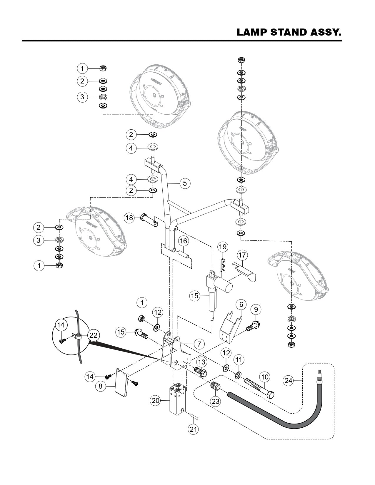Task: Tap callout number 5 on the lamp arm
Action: (185, 183)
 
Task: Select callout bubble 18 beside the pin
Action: (129, 218)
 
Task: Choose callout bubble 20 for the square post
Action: (156, 400)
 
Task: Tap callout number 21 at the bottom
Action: (193, 429)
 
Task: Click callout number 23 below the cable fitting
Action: (216, 401)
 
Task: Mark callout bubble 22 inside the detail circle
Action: (94, 335)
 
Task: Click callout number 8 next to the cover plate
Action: (101, 386)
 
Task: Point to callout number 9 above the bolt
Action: (256, 309)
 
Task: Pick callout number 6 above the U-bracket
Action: (241, 305)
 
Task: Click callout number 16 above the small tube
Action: (183, 241)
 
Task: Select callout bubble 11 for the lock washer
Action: (239, 359)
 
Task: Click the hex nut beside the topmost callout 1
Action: (103, 68)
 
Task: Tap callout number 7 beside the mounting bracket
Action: (199, 343)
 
